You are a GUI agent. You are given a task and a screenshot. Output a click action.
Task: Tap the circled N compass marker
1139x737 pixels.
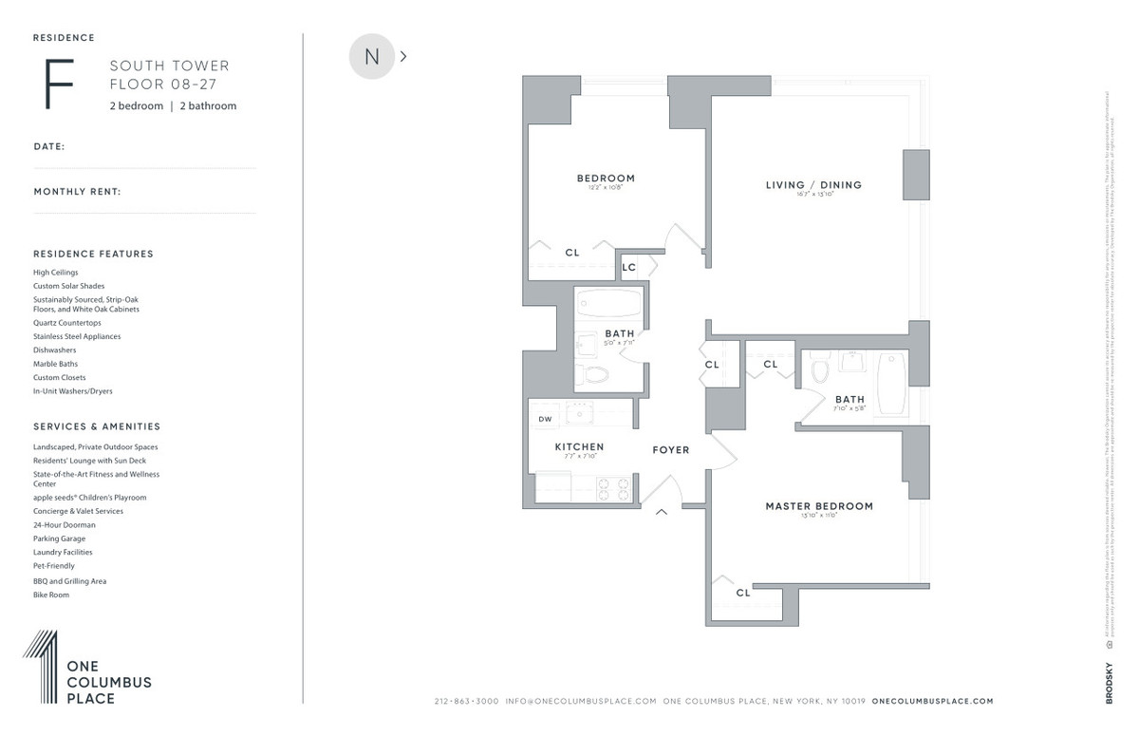(372, 57)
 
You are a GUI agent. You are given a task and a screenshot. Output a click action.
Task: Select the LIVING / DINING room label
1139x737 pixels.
(813, 185)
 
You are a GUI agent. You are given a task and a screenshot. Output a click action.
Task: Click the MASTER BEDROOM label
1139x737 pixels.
(819, 506)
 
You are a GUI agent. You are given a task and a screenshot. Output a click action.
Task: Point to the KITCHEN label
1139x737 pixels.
(579, 446)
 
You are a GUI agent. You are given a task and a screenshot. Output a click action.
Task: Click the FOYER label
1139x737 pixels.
(670, 449)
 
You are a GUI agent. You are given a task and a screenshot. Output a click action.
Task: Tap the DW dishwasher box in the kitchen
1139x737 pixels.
(545, 419)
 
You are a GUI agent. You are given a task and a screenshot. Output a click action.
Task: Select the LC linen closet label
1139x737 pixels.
(628, 268)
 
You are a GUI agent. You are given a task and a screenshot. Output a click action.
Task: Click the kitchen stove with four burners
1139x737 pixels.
(613, 488)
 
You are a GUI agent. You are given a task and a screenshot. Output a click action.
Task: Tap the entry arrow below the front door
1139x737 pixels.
(662, 513)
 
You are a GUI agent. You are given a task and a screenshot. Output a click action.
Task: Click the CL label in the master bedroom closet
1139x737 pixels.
(742, 593)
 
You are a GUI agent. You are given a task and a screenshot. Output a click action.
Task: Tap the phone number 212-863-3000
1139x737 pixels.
(466, 701)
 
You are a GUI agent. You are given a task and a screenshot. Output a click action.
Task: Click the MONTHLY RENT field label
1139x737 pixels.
(77, 192)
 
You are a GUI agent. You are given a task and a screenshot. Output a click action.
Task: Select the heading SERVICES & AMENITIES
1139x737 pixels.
(97, 426)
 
